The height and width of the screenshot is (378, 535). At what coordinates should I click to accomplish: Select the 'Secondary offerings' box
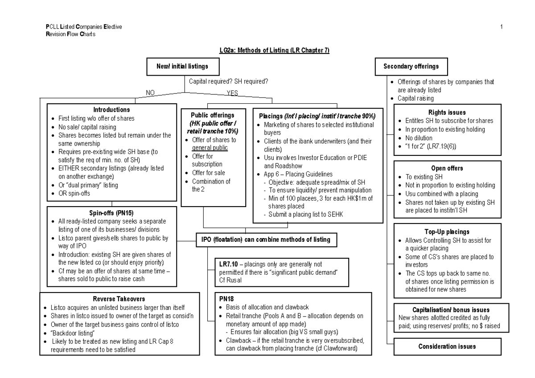coord(411,67)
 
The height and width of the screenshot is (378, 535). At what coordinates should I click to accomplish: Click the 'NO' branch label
coord(151,93)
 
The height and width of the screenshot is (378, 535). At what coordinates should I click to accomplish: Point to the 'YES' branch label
coord(233,93)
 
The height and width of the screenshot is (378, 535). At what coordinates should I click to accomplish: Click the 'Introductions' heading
coord(111,110)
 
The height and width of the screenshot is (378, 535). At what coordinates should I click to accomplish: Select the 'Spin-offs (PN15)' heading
coord(111,213)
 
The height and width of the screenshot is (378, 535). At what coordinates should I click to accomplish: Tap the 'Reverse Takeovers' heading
coord(119,299)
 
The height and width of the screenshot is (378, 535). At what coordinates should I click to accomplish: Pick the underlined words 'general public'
coord(210,148)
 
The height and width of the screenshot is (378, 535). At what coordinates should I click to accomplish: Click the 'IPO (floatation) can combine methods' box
coord(266,240)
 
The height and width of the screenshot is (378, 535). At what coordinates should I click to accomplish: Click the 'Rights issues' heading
coord(447,113)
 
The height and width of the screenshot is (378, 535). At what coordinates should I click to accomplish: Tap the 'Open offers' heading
coord(447,168)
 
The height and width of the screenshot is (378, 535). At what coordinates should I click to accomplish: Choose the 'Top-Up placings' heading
coord(447,232)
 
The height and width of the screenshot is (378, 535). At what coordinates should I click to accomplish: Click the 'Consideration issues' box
coord(447,346)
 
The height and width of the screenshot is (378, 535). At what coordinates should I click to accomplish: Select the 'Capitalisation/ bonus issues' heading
coord(447,309)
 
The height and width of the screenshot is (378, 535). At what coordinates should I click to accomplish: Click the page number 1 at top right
coord(502,27)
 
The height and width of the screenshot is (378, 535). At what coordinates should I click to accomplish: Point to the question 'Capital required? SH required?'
coord(228,81)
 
